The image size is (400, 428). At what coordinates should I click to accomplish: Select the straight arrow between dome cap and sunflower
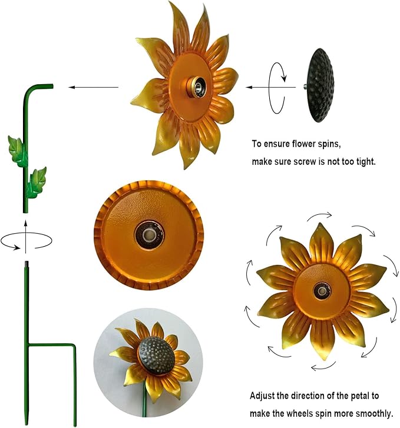[x=270, y=87]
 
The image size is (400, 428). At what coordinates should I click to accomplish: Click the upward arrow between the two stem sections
[x=26, y=227]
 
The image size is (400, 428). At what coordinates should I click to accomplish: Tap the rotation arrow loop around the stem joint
[x=27, y=241]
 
